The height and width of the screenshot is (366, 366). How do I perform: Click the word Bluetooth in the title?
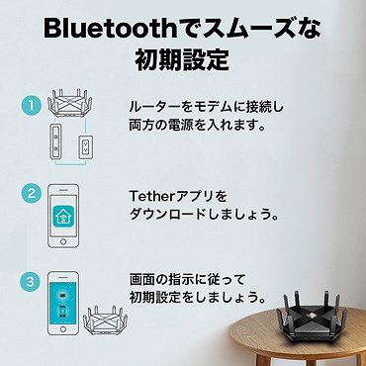103,27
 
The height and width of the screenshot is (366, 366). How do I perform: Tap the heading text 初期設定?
182,60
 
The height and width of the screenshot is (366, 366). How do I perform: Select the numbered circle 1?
32,102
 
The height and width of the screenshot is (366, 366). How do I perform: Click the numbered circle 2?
32,193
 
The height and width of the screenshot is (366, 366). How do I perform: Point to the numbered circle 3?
32,281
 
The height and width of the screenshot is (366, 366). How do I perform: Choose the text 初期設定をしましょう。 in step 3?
198,298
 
